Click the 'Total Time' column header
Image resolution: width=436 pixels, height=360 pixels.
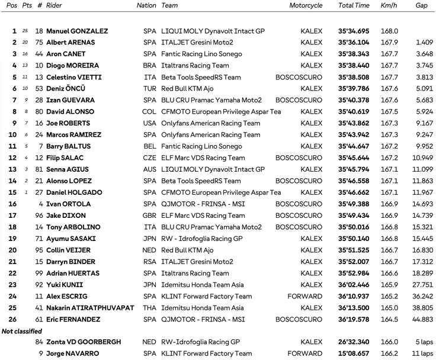click(354, 5)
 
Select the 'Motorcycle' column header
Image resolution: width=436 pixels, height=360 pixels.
click(306, 5)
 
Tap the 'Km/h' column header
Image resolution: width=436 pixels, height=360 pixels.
click(389, 5)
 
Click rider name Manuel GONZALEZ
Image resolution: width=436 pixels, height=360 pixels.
click(77, 31)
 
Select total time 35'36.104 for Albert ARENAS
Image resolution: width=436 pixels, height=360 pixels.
click(354, 43)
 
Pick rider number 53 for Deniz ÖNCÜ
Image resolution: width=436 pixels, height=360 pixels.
click(39, 89)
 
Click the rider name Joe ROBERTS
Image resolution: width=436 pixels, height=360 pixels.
click(69, 123)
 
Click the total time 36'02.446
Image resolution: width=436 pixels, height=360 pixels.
click(354, 285)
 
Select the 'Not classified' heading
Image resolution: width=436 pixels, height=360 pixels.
click(22, 331)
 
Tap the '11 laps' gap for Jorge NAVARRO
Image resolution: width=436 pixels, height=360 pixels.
click(424, 353)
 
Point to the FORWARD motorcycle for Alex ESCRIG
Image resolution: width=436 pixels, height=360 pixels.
click(305, 296)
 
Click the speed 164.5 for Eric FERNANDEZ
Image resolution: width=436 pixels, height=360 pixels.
click(389, 319)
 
